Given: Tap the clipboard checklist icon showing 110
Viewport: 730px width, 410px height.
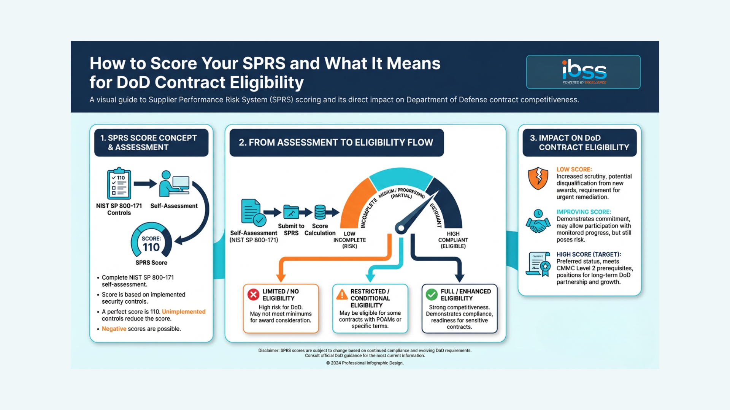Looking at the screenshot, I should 119,184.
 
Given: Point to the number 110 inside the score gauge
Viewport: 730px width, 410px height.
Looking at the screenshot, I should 151,247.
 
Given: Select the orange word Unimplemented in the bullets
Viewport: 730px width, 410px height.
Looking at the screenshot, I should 184,312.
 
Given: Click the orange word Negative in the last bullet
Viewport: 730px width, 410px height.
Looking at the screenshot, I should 114,329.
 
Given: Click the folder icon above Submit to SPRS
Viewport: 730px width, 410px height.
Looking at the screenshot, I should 291,212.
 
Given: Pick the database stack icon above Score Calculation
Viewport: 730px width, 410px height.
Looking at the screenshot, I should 320,212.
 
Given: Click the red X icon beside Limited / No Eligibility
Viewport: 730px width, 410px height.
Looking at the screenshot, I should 254,295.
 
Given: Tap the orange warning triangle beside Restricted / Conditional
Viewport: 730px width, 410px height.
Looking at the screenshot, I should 342,295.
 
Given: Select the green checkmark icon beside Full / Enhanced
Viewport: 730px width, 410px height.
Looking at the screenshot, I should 432,295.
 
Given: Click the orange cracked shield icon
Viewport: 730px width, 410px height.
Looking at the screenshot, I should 538,178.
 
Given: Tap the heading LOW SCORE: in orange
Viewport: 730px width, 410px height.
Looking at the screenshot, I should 574,169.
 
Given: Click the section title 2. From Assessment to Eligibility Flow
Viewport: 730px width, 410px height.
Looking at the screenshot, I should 336,142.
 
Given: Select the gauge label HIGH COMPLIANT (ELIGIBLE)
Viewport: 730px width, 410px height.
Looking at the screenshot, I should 453,240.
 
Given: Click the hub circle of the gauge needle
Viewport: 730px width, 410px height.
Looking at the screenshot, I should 400,228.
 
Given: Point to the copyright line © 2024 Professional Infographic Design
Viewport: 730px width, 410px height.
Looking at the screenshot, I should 365,363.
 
